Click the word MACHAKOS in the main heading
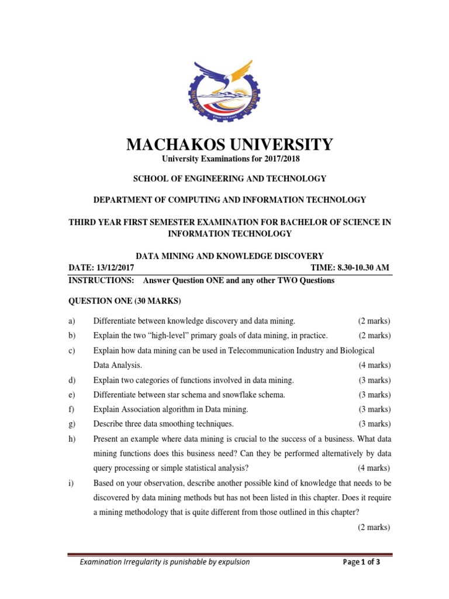[x=172, y=144]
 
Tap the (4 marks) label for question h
[x=374, y=468]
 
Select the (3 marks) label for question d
[x=374, y=380]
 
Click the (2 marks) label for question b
[x=374, y=336]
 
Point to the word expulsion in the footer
[x=231, y=562]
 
